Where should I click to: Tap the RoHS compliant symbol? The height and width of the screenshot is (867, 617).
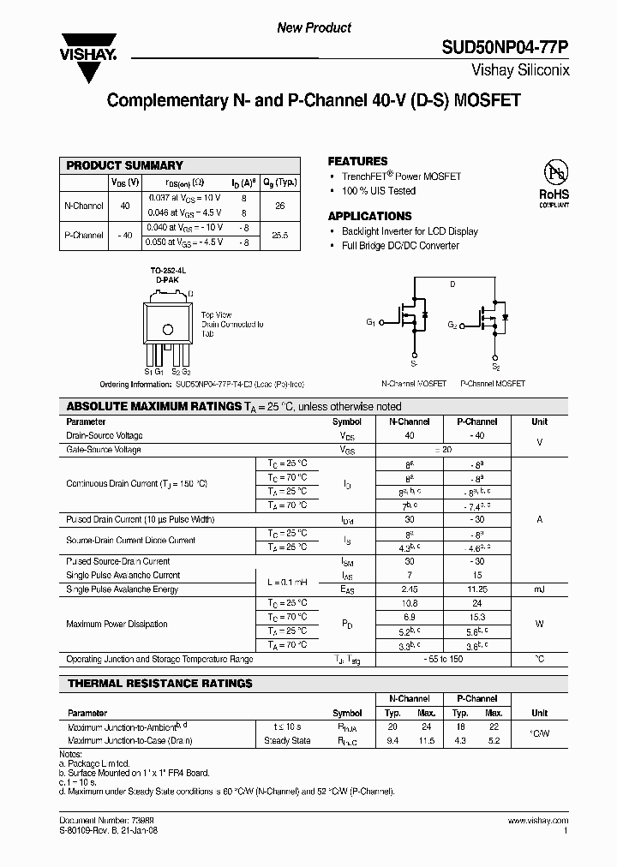pyautogui.click(x=554, y=182)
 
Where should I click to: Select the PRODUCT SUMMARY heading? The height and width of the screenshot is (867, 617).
pyautogui.click(x=125, y=165)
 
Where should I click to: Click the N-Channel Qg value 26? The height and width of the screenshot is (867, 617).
pyautogui.click(x=279, y=206)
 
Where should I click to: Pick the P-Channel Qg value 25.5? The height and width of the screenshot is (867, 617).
pyautogui.click(x=279, y=235)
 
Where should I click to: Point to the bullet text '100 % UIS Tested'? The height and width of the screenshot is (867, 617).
pyautogui.click(x=378, y=191)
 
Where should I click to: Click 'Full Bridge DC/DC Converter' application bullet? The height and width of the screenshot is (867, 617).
pyautogui.click(x=400, y=246)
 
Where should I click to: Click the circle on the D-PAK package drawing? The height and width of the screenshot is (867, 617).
pyautogui.click(x=168, y=330)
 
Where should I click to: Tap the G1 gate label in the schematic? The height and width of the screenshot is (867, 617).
pyautogui.click(x=371, y=322)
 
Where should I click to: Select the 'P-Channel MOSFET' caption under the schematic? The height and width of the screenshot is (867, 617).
pyautogui.click(x=493, y=384)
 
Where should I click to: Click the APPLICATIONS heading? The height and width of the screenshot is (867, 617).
pyautogui.click(x=369, y=216)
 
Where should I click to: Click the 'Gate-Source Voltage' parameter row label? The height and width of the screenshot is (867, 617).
pyautogui.click(x=104, y=449)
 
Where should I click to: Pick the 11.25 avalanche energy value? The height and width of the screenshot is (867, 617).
pyautogui.click(x=477, y=589)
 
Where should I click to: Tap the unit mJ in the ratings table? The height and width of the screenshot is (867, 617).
pyautogui.click(x=539, y=589)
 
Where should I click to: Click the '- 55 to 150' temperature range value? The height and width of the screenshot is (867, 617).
pyautogui.click(x=443, y=659)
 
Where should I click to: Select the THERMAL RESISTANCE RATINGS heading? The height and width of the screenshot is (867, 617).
pyautogui.click(x=159, y=683)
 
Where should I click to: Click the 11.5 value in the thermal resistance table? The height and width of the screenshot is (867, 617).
pyautogui.click(x=426, y=739)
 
